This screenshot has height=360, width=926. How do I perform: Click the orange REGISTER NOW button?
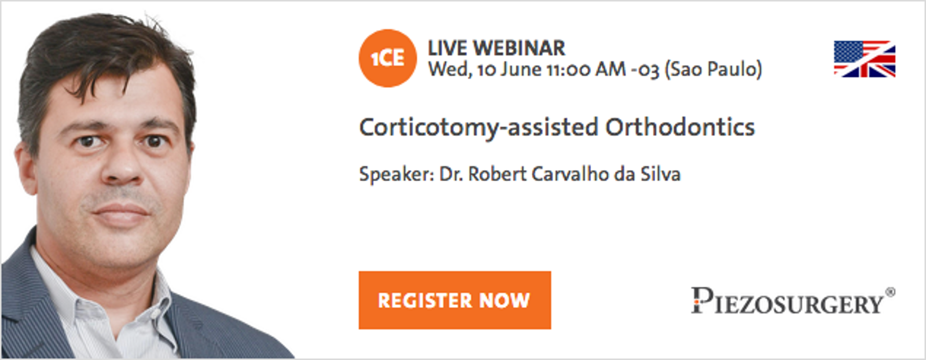pos(455,300)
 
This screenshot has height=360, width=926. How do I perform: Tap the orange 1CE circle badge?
pos(388,58)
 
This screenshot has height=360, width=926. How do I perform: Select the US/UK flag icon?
pos(865,59)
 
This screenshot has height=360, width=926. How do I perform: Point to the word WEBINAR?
pos(519,49)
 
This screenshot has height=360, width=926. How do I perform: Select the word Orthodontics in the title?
pos(680,127)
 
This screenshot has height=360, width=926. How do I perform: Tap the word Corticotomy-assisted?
pos(479,128)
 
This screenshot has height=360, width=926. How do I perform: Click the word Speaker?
pos(396,174)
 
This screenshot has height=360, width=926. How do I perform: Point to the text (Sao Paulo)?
pos(713,69)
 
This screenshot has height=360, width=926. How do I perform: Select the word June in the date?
pos(520,69)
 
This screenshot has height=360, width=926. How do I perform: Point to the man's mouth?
pos(121,214)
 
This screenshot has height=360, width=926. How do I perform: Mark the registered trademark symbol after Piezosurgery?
pos(891,292)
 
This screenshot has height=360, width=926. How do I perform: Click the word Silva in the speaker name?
pos(660,174)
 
